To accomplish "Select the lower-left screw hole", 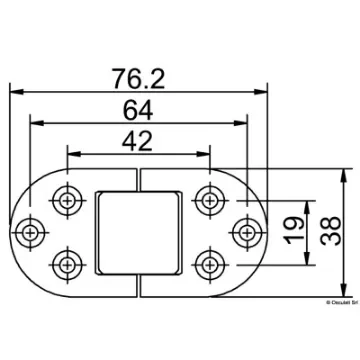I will click(x=69, y=265).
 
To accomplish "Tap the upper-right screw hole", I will click(x=209, y=196).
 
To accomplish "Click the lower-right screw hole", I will click(x=209, y=265).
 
